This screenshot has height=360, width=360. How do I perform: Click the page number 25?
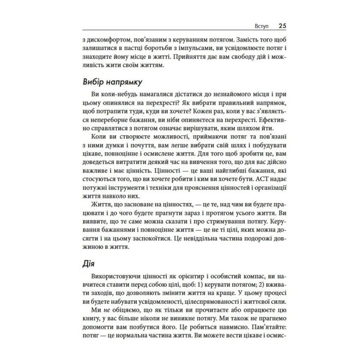click(282, 26)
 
